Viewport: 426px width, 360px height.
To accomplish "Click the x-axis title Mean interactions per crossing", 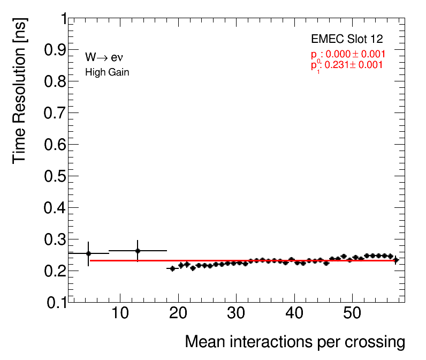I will pyautogui.click(x=294, y=342).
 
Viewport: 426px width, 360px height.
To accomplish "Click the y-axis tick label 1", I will pyautogui.click(x=61, y=19).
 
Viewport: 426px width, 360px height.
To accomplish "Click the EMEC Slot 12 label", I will pyautogui.click(x=347, y=39).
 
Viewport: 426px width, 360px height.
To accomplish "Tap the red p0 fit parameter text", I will pyautogui.click(x=348, y=54).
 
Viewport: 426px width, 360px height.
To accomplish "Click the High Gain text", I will pyautogui.click(x=107, y=72).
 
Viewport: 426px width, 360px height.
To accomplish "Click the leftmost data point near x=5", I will pyautogui.click(x=88, y=253).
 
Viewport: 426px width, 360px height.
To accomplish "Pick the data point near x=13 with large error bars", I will pyautogui.click(x=138, y=251).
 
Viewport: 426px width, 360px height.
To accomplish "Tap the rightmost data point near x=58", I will pyautogui.click(x=395, y=260).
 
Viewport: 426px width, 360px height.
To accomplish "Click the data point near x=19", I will pyautogui.click(x=172, y=268).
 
